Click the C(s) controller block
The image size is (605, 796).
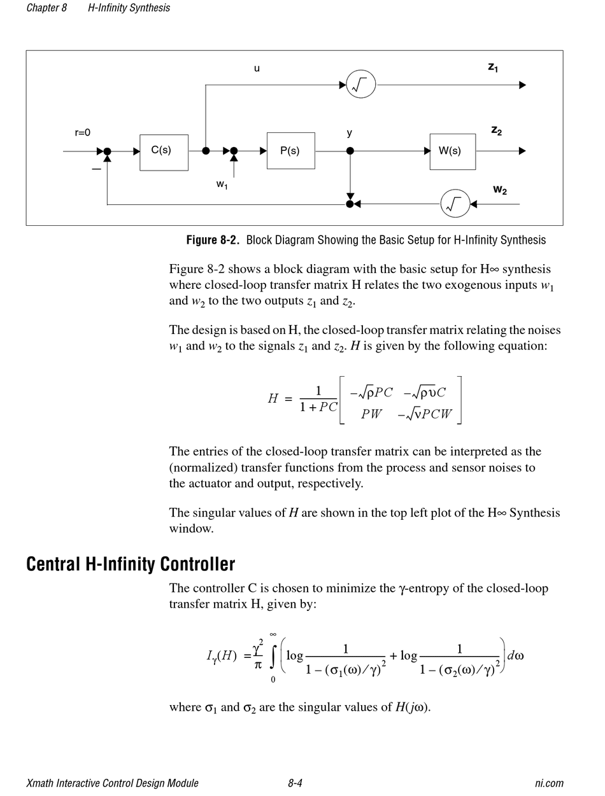point(164,152)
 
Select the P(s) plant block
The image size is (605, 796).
point(290,151)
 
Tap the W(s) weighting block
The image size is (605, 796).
point(452,151)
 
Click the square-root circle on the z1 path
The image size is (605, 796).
point(361,85)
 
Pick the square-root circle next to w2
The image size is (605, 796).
point(455,204)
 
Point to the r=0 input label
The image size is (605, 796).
point(83,133)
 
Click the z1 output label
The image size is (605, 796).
point(493,67)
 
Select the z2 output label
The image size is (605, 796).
point(496,130)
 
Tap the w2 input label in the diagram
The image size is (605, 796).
point(500,190)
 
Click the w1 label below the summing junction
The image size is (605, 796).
point(222,185)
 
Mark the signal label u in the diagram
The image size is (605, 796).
point(257,68)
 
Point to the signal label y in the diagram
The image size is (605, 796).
point(350,133)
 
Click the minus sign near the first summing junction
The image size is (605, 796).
point(96,169)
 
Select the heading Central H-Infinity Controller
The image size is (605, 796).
point(131,564)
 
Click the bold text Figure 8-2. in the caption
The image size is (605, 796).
point(213,240)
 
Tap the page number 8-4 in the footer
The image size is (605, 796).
point(295,783)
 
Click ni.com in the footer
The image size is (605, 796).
point(549,783)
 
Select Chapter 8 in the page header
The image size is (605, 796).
point(46,8)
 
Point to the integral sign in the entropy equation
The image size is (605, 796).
point(273,657)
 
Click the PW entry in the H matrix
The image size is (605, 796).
point(371,414)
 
